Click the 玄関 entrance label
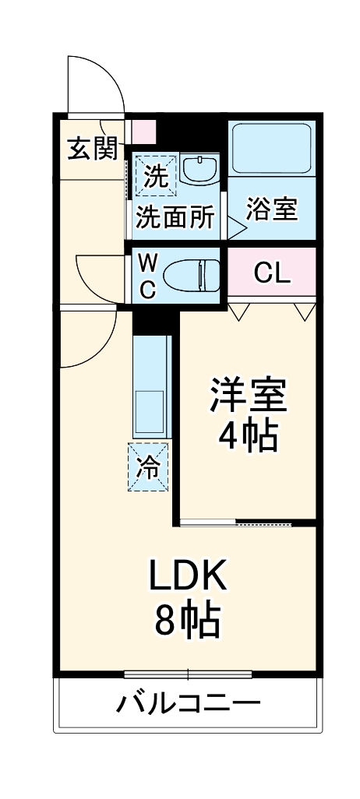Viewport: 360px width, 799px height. click(91, 148)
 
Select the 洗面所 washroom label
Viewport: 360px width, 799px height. click(175, 218)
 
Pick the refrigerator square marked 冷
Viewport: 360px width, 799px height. click(149, 467)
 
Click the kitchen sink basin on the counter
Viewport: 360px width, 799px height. click(149, 409)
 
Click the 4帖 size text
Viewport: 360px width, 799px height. click(248, 438)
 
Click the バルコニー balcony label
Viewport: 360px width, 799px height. click(187, 706)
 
